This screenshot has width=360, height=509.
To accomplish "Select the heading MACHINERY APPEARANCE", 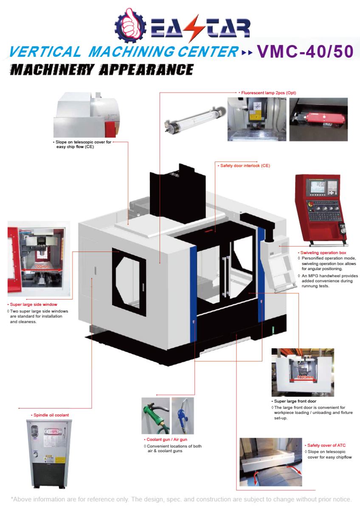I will point(102,69).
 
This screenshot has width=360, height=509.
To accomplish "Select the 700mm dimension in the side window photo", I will point(42,266).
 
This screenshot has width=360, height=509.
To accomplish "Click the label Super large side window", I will point(34,305).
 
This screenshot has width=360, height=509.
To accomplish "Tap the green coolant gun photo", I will point(155,415).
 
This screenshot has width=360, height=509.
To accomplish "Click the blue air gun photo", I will point(183,415).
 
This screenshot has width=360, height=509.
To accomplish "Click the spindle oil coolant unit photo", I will point(49,453).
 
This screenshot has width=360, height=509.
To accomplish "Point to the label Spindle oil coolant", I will point(51,415).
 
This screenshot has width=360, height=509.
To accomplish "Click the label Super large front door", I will point(295,401).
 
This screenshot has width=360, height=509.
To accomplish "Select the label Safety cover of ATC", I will point(326,445).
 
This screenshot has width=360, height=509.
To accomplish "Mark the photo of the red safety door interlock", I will point(318,119).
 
